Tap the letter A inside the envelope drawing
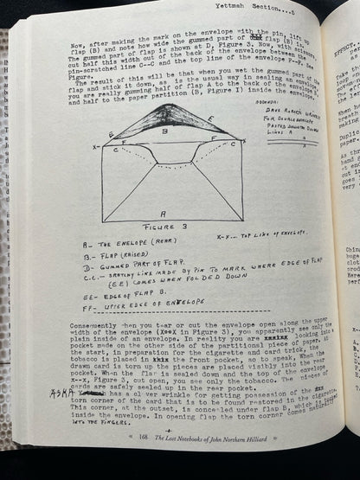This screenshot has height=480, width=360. click(164, 210)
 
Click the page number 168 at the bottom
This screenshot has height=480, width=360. click(145, 458)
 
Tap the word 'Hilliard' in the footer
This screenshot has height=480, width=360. click(293, 456)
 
